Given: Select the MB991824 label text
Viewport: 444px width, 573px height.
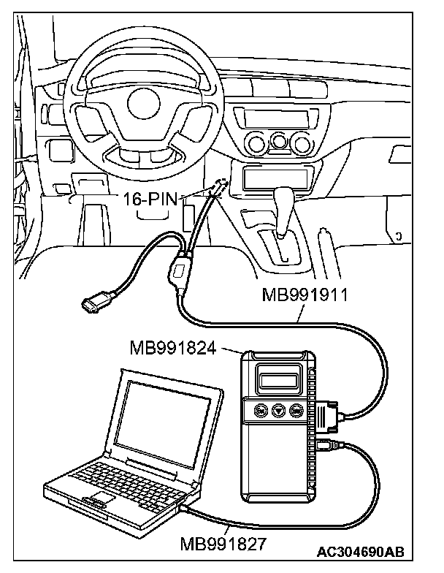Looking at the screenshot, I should pos(173,348).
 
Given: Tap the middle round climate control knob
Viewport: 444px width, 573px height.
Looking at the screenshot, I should pos(278,140).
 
